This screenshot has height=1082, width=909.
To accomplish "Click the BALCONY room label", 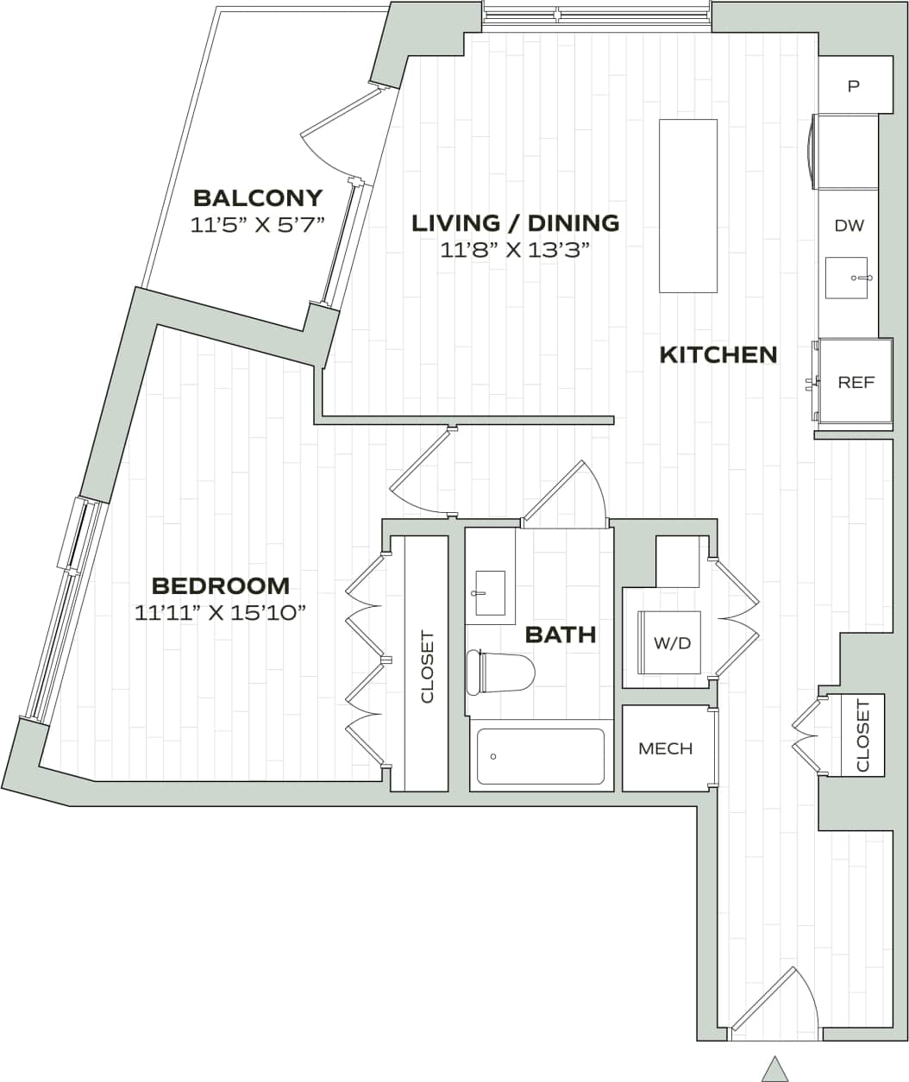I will (x=258, y=198).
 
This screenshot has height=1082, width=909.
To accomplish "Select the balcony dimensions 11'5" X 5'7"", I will (x=258, y=226).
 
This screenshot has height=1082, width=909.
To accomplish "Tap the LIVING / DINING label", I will (x=515, y=223).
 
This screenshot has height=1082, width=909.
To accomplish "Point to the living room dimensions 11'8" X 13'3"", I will (x=515, y=251).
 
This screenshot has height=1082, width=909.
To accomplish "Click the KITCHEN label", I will (x=718, y=354).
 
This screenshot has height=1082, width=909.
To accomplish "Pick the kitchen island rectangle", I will (x=687, y=206).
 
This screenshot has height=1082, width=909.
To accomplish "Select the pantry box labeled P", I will (x=854, y=85).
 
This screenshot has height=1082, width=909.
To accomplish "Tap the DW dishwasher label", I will (x=849, y=226).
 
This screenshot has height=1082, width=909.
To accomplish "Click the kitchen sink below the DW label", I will (x=846, y=278).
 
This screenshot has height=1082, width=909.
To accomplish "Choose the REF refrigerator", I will (x=856, y=383).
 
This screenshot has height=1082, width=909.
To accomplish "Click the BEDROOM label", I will (x=221, y=586).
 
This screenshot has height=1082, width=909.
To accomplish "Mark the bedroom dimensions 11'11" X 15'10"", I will (x=221, y=613).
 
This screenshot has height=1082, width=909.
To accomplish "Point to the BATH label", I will (x=561, y=635).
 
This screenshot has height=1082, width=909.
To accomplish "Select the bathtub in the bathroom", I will (x=541, y=757).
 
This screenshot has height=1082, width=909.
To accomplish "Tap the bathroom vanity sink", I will (x=490, y=593).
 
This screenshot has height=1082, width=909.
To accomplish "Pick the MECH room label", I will (x=665, y=748).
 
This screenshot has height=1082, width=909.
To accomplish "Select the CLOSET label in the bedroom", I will (x=427, y=667).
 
